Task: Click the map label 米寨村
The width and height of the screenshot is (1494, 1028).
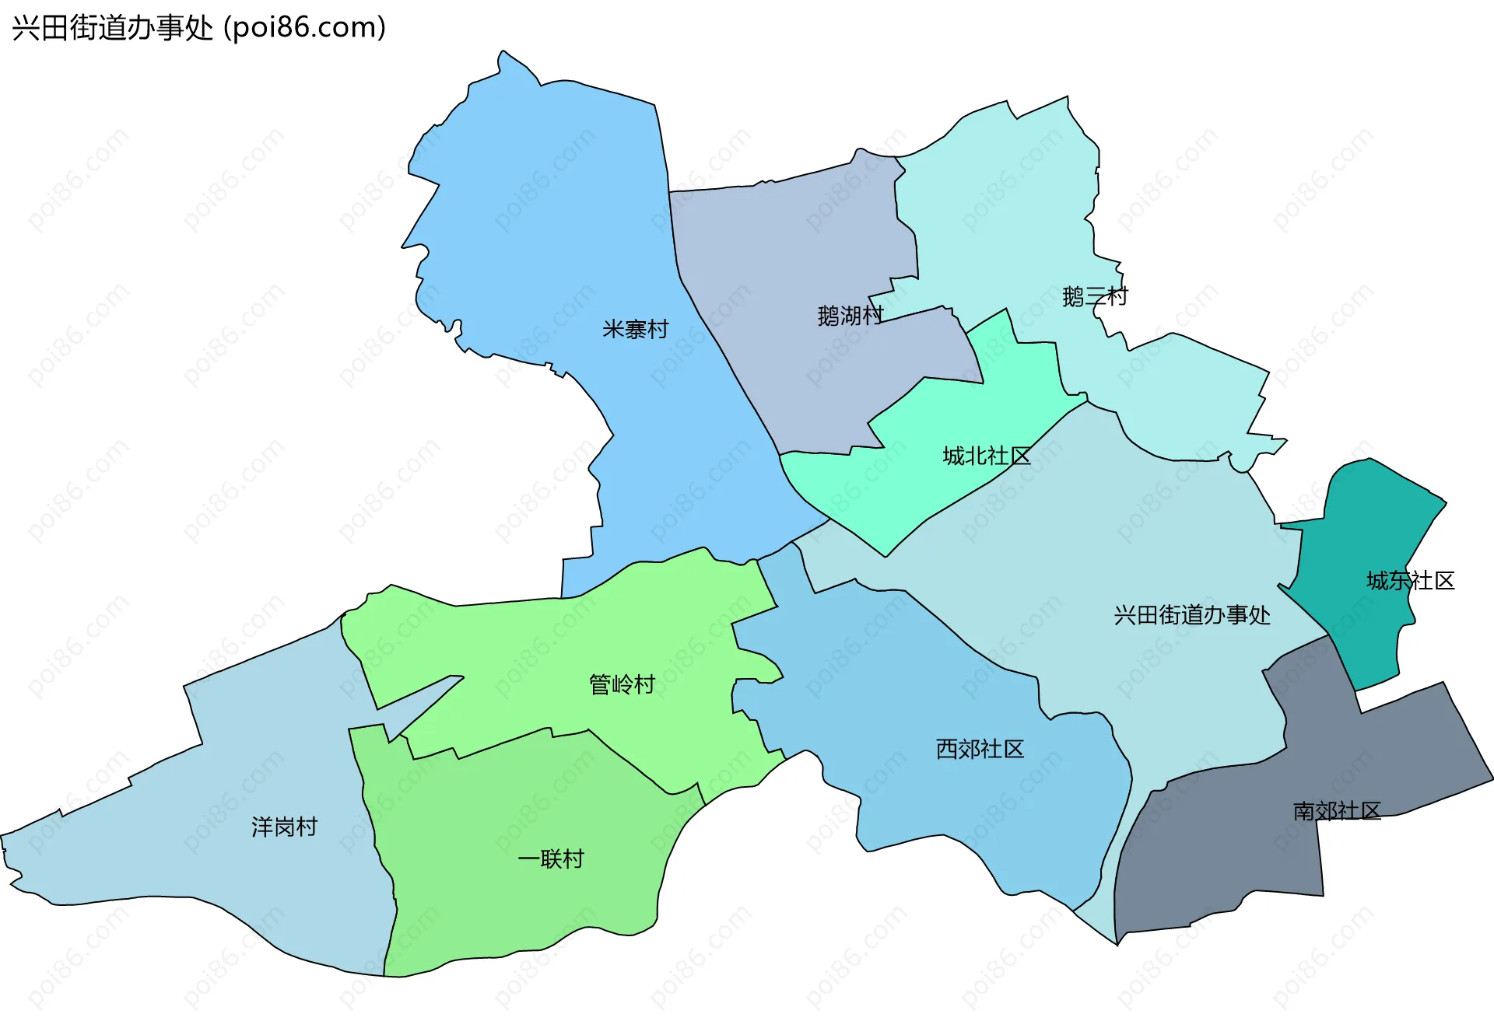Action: click(x=635, y=330)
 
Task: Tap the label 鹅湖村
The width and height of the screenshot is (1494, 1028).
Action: click(x=850, y=316)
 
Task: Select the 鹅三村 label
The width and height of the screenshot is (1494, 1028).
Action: click(x=1094, y=296)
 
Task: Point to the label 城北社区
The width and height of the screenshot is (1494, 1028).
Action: click(x=986, y=456)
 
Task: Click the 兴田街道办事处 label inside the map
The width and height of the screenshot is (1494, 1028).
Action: click(x=1191, y=615)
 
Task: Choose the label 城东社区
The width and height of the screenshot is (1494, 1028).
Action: click(x=1410, y=581)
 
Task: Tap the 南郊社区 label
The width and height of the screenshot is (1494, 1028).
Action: click(x=1336, y=811)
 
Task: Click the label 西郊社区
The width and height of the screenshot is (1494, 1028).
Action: click(x=980, y=749)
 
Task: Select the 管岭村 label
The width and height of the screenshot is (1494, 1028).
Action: click(x=622, y=684)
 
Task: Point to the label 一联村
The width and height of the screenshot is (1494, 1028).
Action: click(x=550, y=859)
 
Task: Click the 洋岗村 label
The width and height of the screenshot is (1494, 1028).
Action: click(x=284, y=827)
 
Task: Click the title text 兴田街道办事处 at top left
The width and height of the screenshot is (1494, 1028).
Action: click(x=112, y=28)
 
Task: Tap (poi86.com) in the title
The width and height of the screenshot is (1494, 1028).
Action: click(x=304, y=28)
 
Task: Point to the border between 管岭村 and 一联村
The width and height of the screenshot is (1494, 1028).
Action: click(x=622, y=758)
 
